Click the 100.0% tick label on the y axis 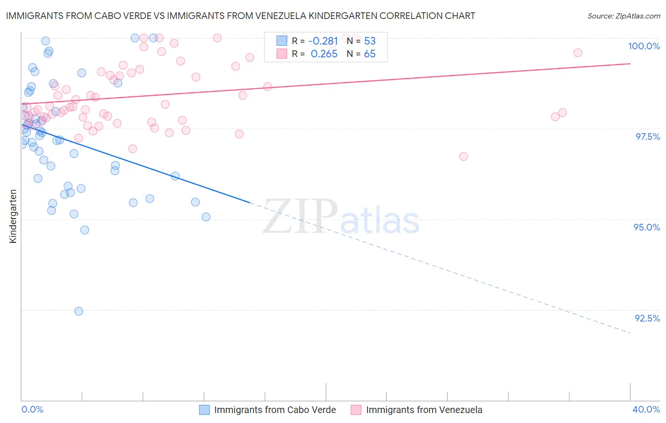click(644, 46)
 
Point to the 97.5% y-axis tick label click(647, 137)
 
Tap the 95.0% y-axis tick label click(647, 227)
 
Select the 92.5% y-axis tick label click(647, 318)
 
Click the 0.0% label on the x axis click(33, 409)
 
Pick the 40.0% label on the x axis click(646, 409)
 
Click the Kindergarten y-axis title click(13, 216)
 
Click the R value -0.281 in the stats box click(323, 41)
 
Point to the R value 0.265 click(324, 54)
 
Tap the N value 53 click(369, 41)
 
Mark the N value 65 click(369, 54)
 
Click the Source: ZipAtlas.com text click(623, 16)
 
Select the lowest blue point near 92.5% click(79, 311)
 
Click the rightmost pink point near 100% click(577, 53)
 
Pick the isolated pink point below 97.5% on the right click(463, 156)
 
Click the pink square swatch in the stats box click(282, 54)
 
